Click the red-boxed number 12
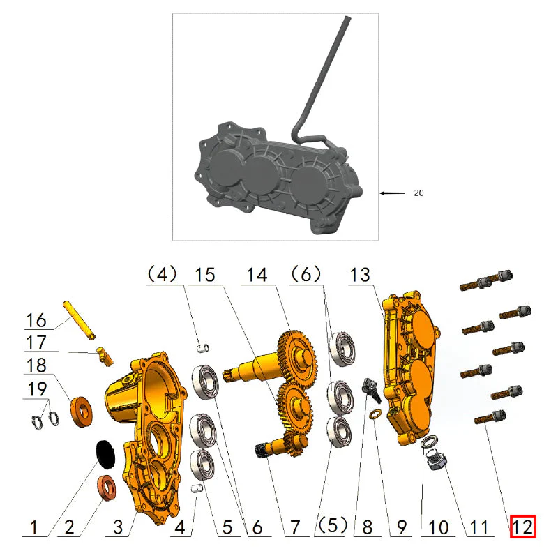point(522,527)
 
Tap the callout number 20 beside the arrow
point(418,193)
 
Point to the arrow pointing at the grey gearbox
point(393,193)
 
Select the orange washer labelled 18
point(81,412)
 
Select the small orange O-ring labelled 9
point(375,416)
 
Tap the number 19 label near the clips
point(37,388)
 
